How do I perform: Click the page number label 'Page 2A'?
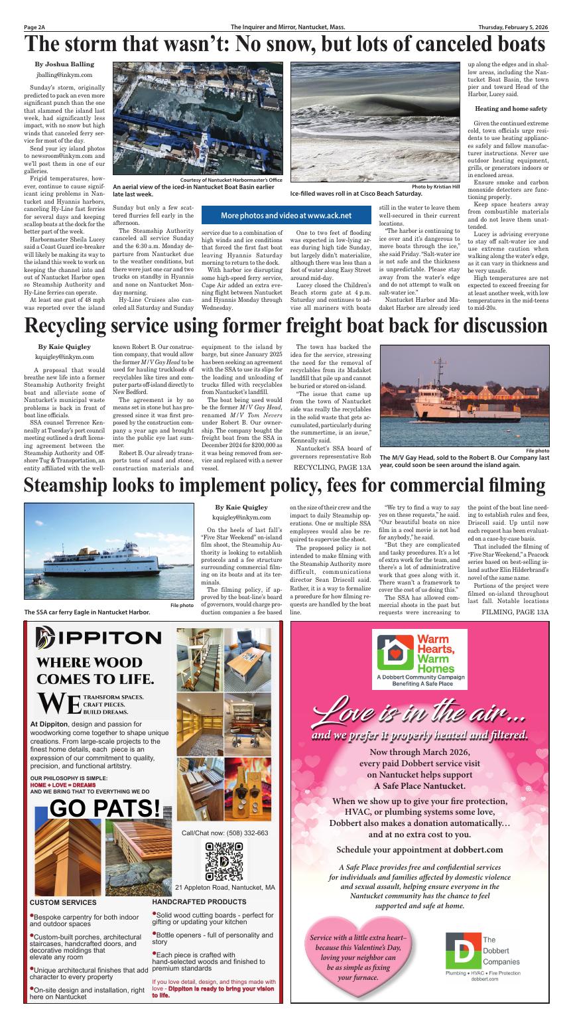34,27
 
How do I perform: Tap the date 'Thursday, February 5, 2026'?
513,27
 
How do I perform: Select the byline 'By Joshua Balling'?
64,64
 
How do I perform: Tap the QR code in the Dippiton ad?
224,859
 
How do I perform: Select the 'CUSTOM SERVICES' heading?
63,902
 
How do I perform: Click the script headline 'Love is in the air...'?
420,714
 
